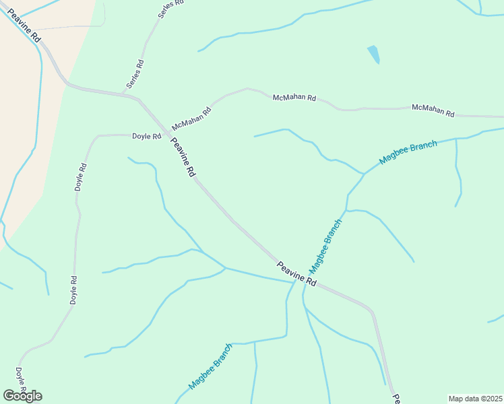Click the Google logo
(22, 396)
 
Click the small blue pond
(373, 54)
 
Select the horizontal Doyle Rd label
(146, 136)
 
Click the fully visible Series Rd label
(135, 75)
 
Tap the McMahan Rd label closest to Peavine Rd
(191, 117)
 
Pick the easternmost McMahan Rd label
(433, 109)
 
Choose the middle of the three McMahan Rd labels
(294, 98)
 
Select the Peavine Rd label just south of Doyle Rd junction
(183, 158)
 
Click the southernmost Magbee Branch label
(210, 368)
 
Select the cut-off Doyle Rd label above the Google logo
(21, 379)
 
